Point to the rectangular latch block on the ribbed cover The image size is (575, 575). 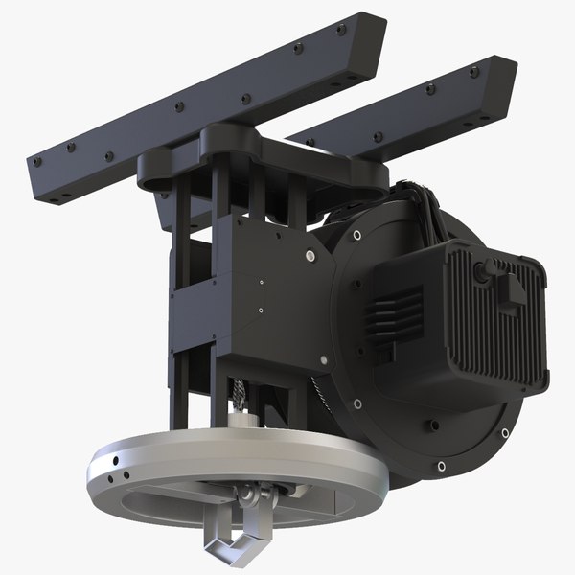coord(512,291)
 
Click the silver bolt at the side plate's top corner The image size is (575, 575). coord(310,256)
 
